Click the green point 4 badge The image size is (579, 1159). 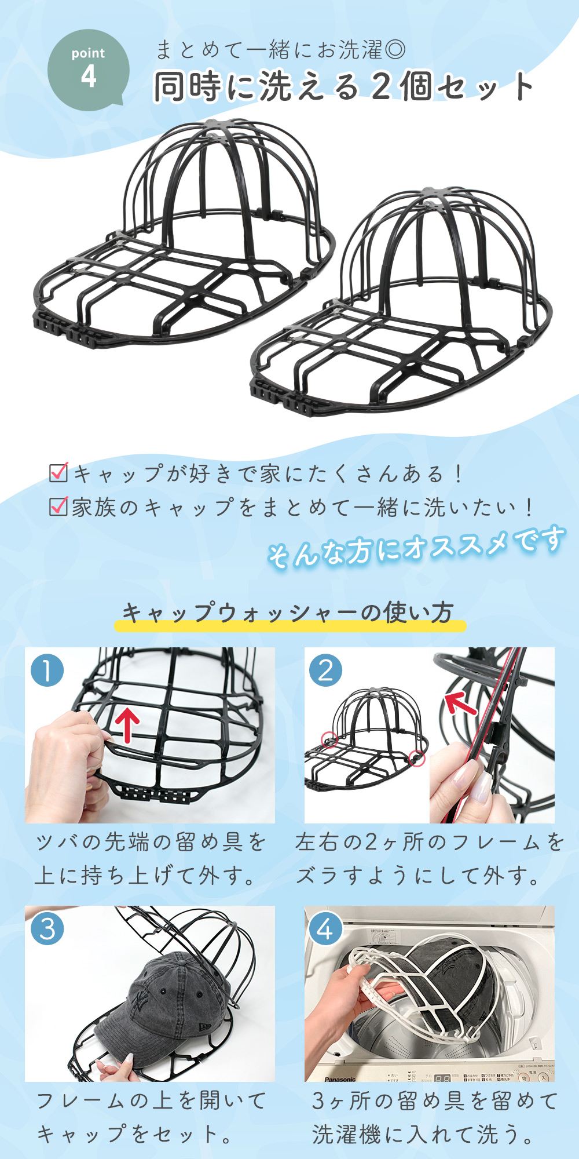point(88,72)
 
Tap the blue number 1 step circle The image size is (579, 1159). point(47,671)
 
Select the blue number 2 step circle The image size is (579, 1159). point(326,671)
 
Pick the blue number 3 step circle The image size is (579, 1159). point(47,930)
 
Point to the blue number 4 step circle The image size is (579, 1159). point(326,930)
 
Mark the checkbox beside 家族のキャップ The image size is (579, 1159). point(59,507)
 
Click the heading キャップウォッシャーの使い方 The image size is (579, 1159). point(288,614)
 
